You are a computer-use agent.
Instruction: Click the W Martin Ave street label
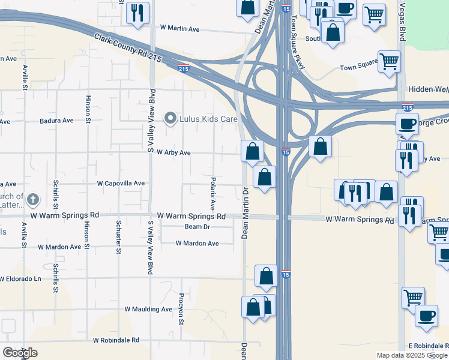[179, 29]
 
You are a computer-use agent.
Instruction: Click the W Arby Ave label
[173, 153]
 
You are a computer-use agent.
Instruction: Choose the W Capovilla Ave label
[121, 184]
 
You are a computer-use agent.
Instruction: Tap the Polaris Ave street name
[212, 193]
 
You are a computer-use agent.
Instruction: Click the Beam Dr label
[197, 227]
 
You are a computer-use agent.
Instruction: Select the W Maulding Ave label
[148, 310]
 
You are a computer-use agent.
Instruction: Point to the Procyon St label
[181, 309]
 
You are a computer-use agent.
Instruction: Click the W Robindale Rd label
[116, 340]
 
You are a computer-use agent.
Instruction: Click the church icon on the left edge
[33, 198]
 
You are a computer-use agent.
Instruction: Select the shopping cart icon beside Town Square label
[389, 60]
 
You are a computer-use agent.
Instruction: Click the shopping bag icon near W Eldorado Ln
[267, 276]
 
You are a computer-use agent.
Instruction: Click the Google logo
[20, 353]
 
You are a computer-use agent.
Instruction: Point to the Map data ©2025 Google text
[412, 355]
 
